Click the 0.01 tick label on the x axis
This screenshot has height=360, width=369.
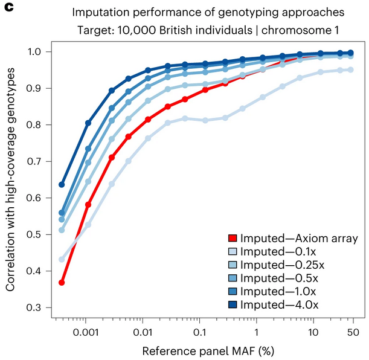tap(143, 331)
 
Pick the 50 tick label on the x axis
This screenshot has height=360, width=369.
tap(354, 331)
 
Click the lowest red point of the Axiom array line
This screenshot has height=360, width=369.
tap(62, 283)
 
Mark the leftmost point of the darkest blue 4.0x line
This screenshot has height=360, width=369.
tap(62, 184)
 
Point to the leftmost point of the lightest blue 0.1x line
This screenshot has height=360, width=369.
tap(62, 259)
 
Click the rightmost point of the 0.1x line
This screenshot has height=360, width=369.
tap(350, 70)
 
